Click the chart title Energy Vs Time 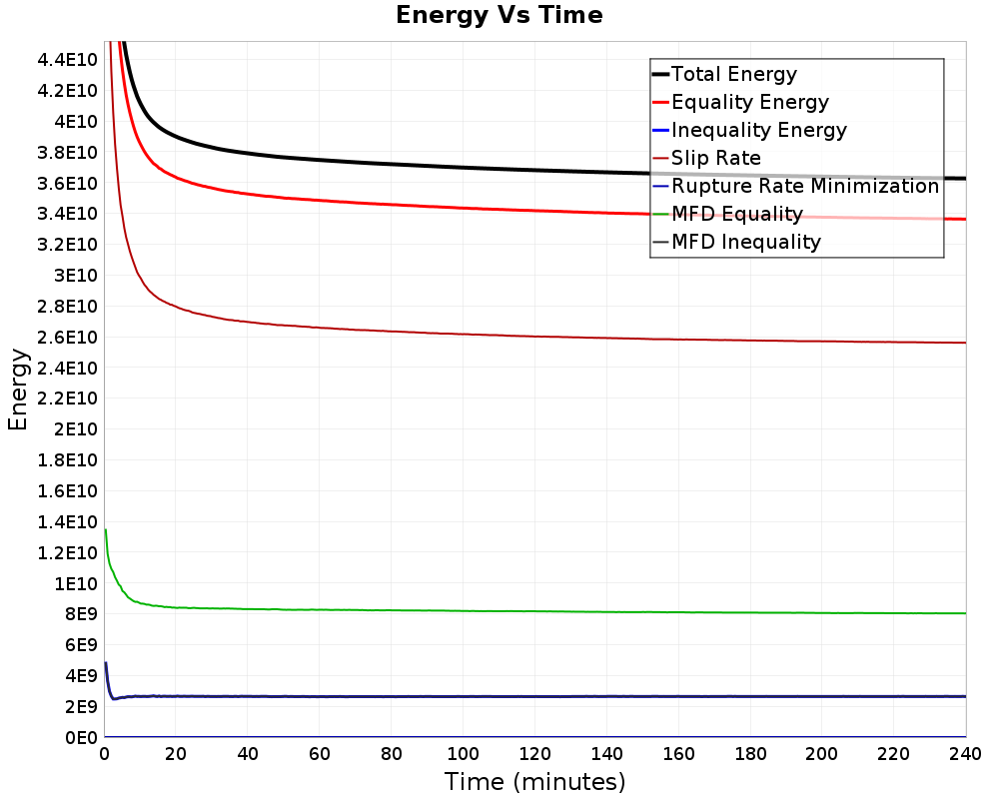[499, 15]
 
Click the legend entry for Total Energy [733, 74]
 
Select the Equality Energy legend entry [749, 102]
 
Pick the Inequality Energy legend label [758, 130]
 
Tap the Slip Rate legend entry [715, 158]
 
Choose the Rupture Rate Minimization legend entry [804, 186]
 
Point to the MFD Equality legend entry [736, 214]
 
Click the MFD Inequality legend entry [745, 242]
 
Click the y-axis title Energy [17, 390]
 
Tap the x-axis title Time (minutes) [534, 781]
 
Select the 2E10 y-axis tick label [75, 429]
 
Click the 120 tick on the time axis [534, 754]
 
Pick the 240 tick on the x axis [965, 754]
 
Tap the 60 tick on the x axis [319, 754]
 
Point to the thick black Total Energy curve [400, 165]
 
